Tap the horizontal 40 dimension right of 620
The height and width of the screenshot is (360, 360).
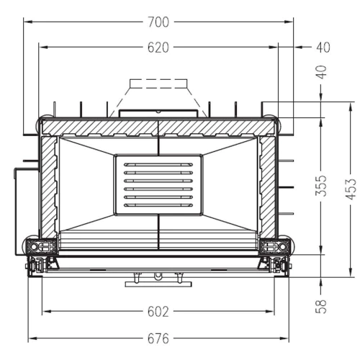[322, 48]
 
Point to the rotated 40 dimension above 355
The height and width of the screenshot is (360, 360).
[322, 73]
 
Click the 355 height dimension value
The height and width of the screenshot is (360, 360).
[322, 186]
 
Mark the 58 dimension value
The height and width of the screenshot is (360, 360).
[322, 305]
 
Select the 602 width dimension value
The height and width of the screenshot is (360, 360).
[158, 312]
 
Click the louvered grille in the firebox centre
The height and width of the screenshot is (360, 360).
[158, 186]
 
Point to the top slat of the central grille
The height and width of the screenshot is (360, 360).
[158, 165]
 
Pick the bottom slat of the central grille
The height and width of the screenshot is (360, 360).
[158, 205]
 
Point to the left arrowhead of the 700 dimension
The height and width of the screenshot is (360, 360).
[27, 22]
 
